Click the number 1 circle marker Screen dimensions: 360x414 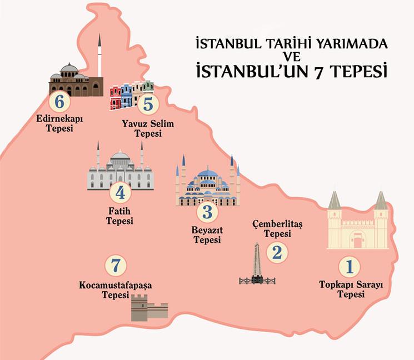pyautogui.click(x=349, y=267)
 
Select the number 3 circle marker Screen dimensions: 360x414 pyautogui.click(x=207, y=212)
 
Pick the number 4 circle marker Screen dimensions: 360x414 pyautogui.click(x=120, y=193)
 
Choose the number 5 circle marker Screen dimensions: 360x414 pyautogui.click(x=147, y=104)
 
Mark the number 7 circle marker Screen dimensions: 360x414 pyautogui.click(x=115, y=266)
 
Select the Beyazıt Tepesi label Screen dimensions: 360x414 pyautogui.click(x=207, y=235)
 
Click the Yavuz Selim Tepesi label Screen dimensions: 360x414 pyautogui.click(x=147, y=128)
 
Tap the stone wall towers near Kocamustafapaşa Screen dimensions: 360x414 pyautogui.click(x=148, y=307)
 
